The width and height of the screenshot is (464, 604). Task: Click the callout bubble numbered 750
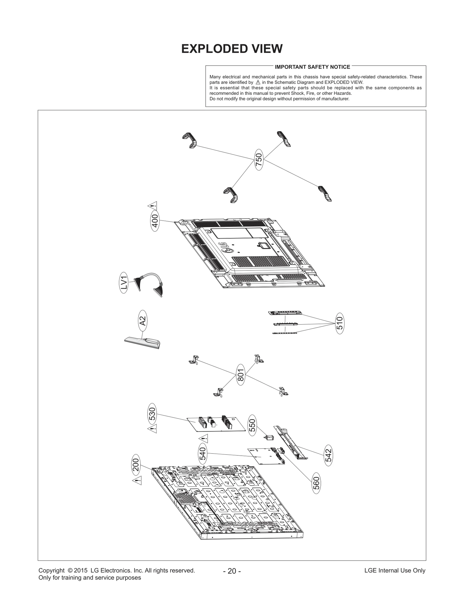259,159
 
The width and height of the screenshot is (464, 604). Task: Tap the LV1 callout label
124,283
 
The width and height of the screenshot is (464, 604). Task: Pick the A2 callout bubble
142,321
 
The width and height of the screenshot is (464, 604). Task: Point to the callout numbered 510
340,323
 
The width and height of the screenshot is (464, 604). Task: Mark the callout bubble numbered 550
253,425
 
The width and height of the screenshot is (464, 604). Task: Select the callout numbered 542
328,455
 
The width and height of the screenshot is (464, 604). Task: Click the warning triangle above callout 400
153,206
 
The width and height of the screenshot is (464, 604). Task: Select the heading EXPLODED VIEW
232,49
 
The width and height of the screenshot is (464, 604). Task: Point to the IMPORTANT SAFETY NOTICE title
312,67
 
